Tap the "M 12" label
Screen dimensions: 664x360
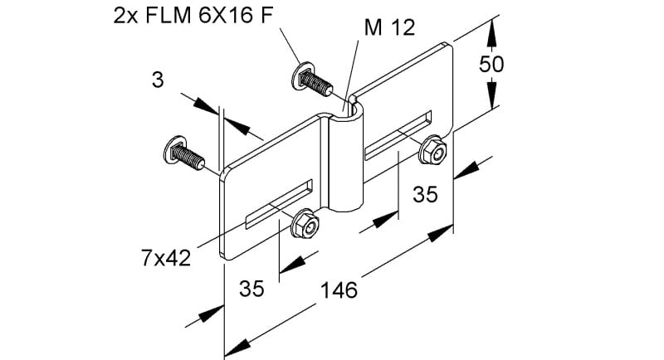coord(389,28)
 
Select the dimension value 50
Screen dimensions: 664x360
coord(491,64)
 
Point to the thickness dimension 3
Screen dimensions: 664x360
coord(158,80)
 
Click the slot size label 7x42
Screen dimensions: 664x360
coord(166,258)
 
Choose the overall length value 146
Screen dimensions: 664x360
coord(339,290)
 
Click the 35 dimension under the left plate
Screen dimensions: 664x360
coord(251,289)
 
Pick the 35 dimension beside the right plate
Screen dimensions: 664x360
coord(425,194)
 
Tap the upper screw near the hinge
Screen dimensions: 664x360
coord(312,80)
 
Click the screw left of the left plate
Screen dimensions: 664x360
coord(183,153)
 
